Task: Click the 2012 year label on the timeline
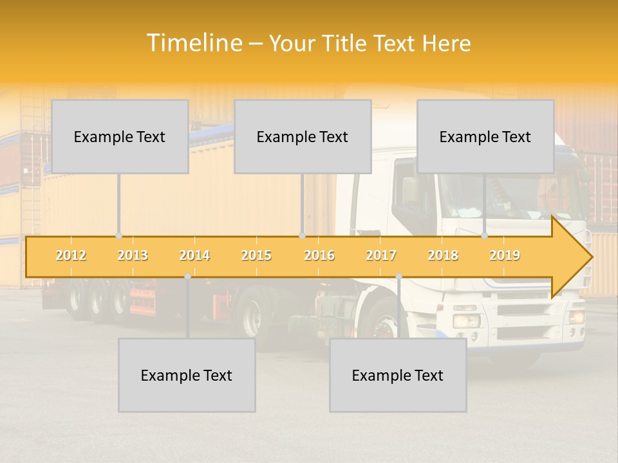[x=71, y=255]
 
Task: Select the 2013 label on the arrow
[x=133, y=255]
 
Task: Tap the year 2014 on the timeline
[x=194, y=255]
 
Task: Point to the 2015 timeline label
[x=256, y=255]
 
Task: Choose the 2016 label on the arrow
[x=319, y=255]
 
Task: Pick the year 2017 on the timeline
[x=381, y=255]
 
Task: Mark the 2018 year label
[x=443, y=255]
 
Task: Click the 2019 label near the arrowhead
[x=505, y=255]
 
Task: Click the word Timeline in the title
[x=194, y=43]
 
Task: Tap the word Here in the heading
[x=446, y=44]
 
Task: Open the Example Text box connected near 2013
[x=120, y=136]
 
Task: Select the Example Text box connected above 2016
[x=303, y=136]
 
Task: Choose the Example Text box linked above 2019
[x=485, y=136]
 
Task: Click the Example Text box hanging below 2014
[x=187, y=375]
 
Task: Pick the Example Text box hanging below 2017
[x=398, y=375]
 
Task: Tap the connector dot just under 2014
[x=187, y=277]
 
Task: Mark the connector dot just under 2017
[x=398, y=277]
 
